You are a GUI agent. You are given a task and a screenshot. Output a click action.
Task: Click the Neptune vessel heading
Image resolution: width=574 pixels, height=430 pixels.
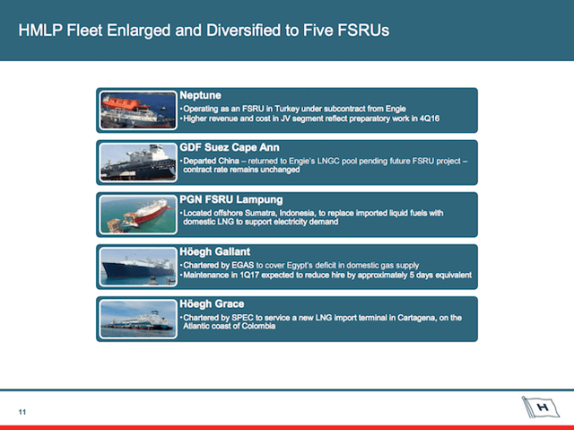click(x=200, y=95)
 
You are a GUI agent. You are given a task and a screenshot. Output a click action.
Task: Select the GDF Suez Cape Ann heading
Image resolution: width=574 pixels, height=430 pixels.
click(x=230, y=147)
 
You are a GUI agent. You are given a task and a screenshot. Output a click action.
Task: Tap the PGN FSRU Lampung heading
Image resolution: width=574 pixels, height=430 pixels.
click(x=231, y=199)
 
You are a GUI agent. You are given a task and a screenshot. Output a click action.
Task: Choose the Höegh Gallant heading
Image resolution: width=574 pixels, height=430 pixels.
click(x=215, y=251)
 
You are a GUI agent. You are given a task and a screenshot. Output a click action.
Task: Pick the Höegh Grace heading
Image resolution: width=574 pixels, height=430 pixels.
click(x=212, y=304)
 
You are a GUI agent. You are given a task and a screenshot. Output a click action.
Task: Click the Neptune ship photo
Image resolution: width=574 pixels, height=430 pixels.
click(x=138, y=110)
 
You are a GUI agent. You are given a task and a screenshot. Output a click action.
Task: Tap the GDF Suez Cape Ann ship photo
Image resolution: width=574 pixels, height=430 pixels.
click(x=138, y=162)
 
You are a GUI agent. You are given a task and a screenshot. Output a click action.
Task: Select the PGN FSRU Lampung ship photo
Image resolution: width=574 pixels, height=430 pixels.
click(x=138, y=215)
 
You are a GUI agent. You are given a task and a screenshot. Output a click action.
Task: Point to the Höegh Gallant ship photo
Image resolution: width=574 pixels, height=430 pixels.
click(x=138, y=267)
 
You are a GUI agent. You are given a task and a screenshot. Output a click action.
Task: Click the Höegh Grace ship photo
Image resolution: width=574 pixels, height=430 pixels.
click(x=138, y=319)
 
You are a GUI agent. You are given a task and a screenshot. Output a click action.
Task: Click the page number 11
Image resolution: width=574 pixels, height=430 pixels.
click(x=22, y=412)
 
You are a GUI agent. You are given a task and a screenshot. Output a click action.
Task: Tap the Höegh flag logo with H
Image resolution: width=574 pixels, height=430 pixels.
click(x=541, y=407)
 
